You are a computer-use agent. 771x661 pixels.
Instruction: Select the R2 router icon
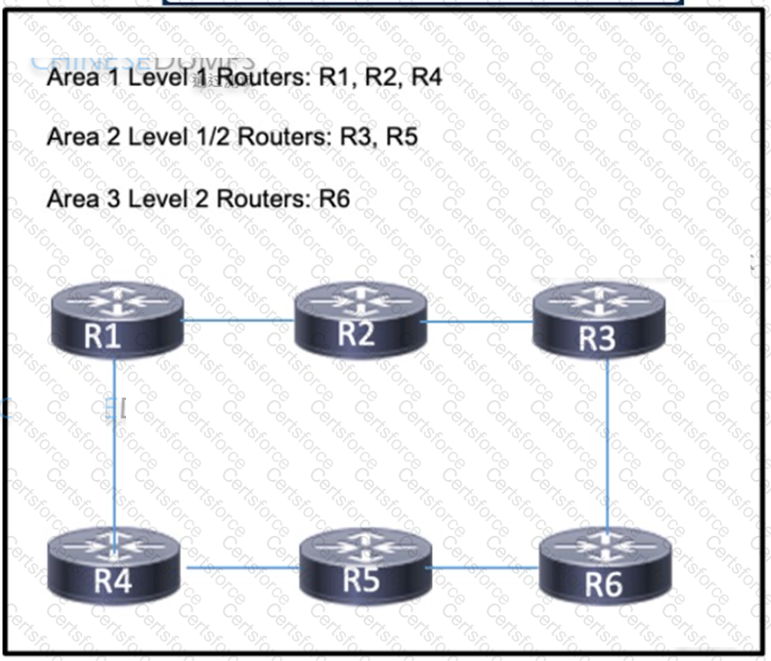361,319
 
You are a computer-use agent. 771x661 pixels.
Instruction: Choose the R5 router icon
364,566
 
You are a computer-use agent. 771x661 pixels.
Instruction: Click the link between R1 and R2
238,320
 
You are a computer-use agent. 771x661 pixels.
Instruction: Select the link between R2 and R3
479,321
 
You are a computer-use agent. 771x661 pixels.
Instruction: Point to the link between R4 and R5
242,567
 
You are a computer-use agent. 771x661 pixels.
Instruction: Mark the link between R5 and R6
483,567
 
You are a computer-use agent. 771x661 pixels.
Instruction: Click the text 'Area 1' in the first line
72,77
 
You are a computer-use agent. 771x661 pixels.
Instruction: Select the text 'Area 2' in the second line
72,137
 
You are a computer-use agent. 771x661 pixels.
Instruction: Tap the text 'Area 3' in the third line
72,198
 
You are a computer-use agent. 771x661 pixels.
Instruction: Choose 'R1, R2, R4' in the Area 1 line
381,77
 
